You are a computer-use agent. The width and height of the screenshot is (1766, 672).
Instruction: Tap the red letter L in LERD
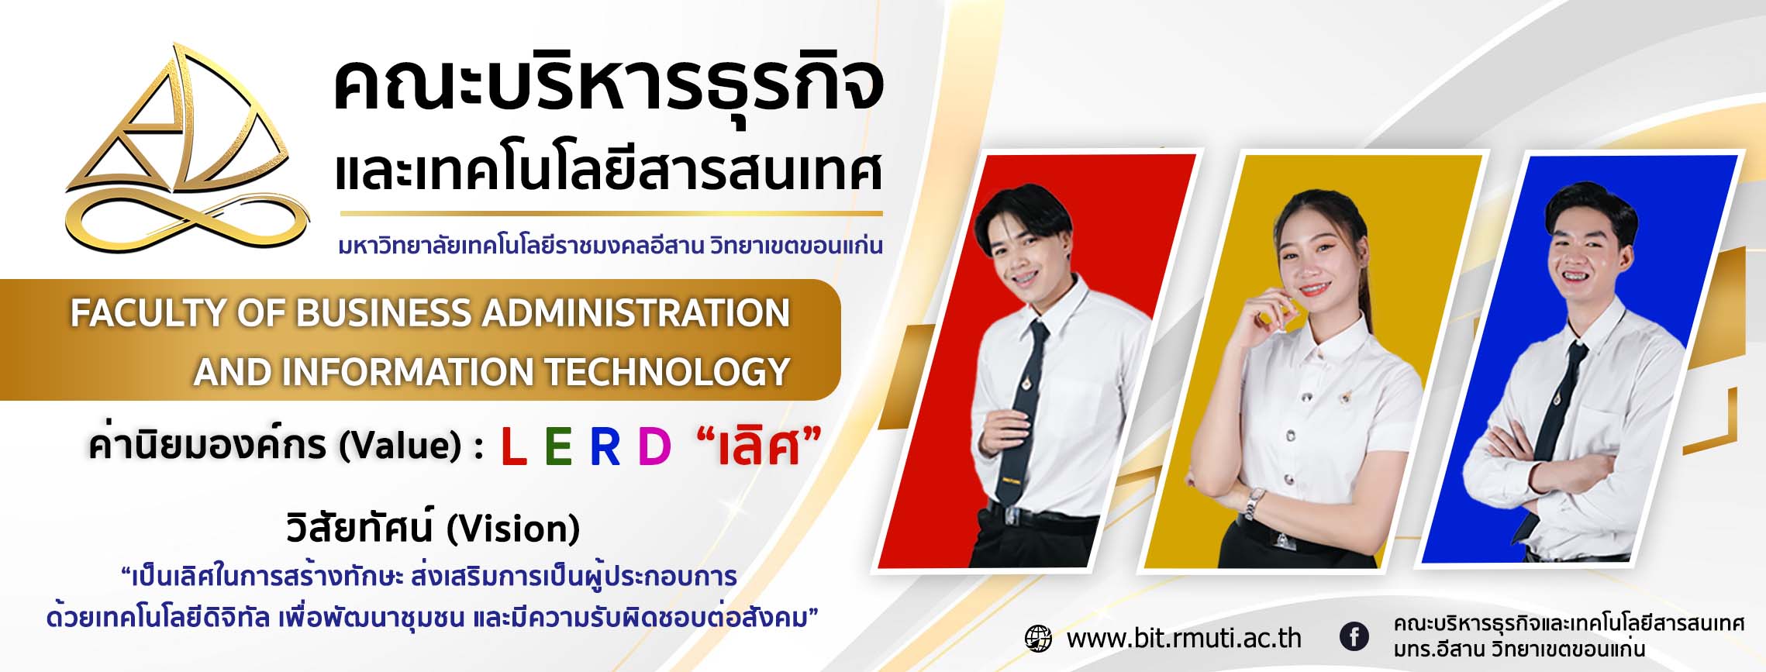click(x=513, y=446)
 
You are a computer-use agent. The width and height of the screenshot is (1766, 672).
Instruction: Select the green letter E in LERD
click(x=558, y=446)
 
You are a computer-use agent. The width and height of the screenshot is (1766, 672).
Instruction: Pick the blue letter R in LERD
click(x=605, y=446)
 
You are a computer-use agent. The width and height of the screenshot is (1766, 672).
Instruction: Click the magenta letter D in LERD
click(x=654, y=446)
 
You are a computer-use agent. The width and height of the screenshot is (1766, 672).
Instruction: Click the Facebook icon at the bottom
click(x=1354, y=637)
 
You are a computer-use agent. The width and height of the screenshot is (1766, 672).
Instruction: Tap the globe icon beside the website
click(x=1038, y=638)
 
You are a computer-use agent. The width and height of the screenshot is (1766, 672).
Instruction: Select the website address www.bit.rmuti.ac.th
click(x=1184, y=638)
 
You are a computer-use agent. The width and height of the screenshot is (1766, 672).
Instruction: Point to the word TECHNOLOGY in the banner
click(x=667, y=371)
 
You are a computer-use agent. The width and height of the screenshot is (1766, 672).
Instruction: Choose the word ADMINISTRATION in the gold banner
click(x=636, y=313)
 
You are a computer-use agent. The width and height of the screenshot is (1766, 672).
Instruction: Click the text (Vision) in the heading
click(x=513, y=529)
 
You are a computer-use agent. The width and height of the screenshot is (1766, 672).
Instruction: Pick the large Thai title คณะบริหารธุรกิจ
click(x=609, y=90)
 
